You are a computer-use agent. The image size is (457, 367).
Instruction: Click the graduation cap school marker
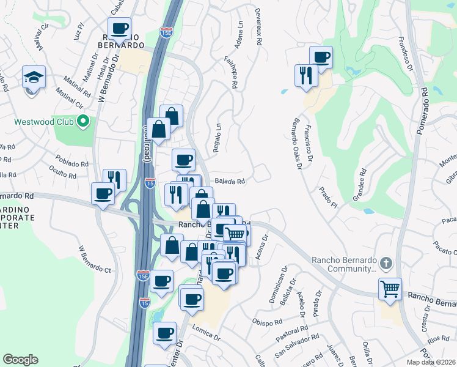pos(33,77)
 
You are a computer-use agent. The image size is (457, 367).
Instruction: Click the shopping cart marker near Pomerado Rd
pos(389,287)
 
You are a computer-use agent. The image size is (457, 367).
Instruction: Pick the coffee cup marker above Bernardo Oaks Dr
pos(321,57)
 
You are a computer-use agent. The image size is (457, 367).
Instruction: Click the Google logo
pos(20,360)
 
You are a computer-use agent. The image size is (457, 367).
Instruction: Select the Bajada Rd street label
pos(230,181)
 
